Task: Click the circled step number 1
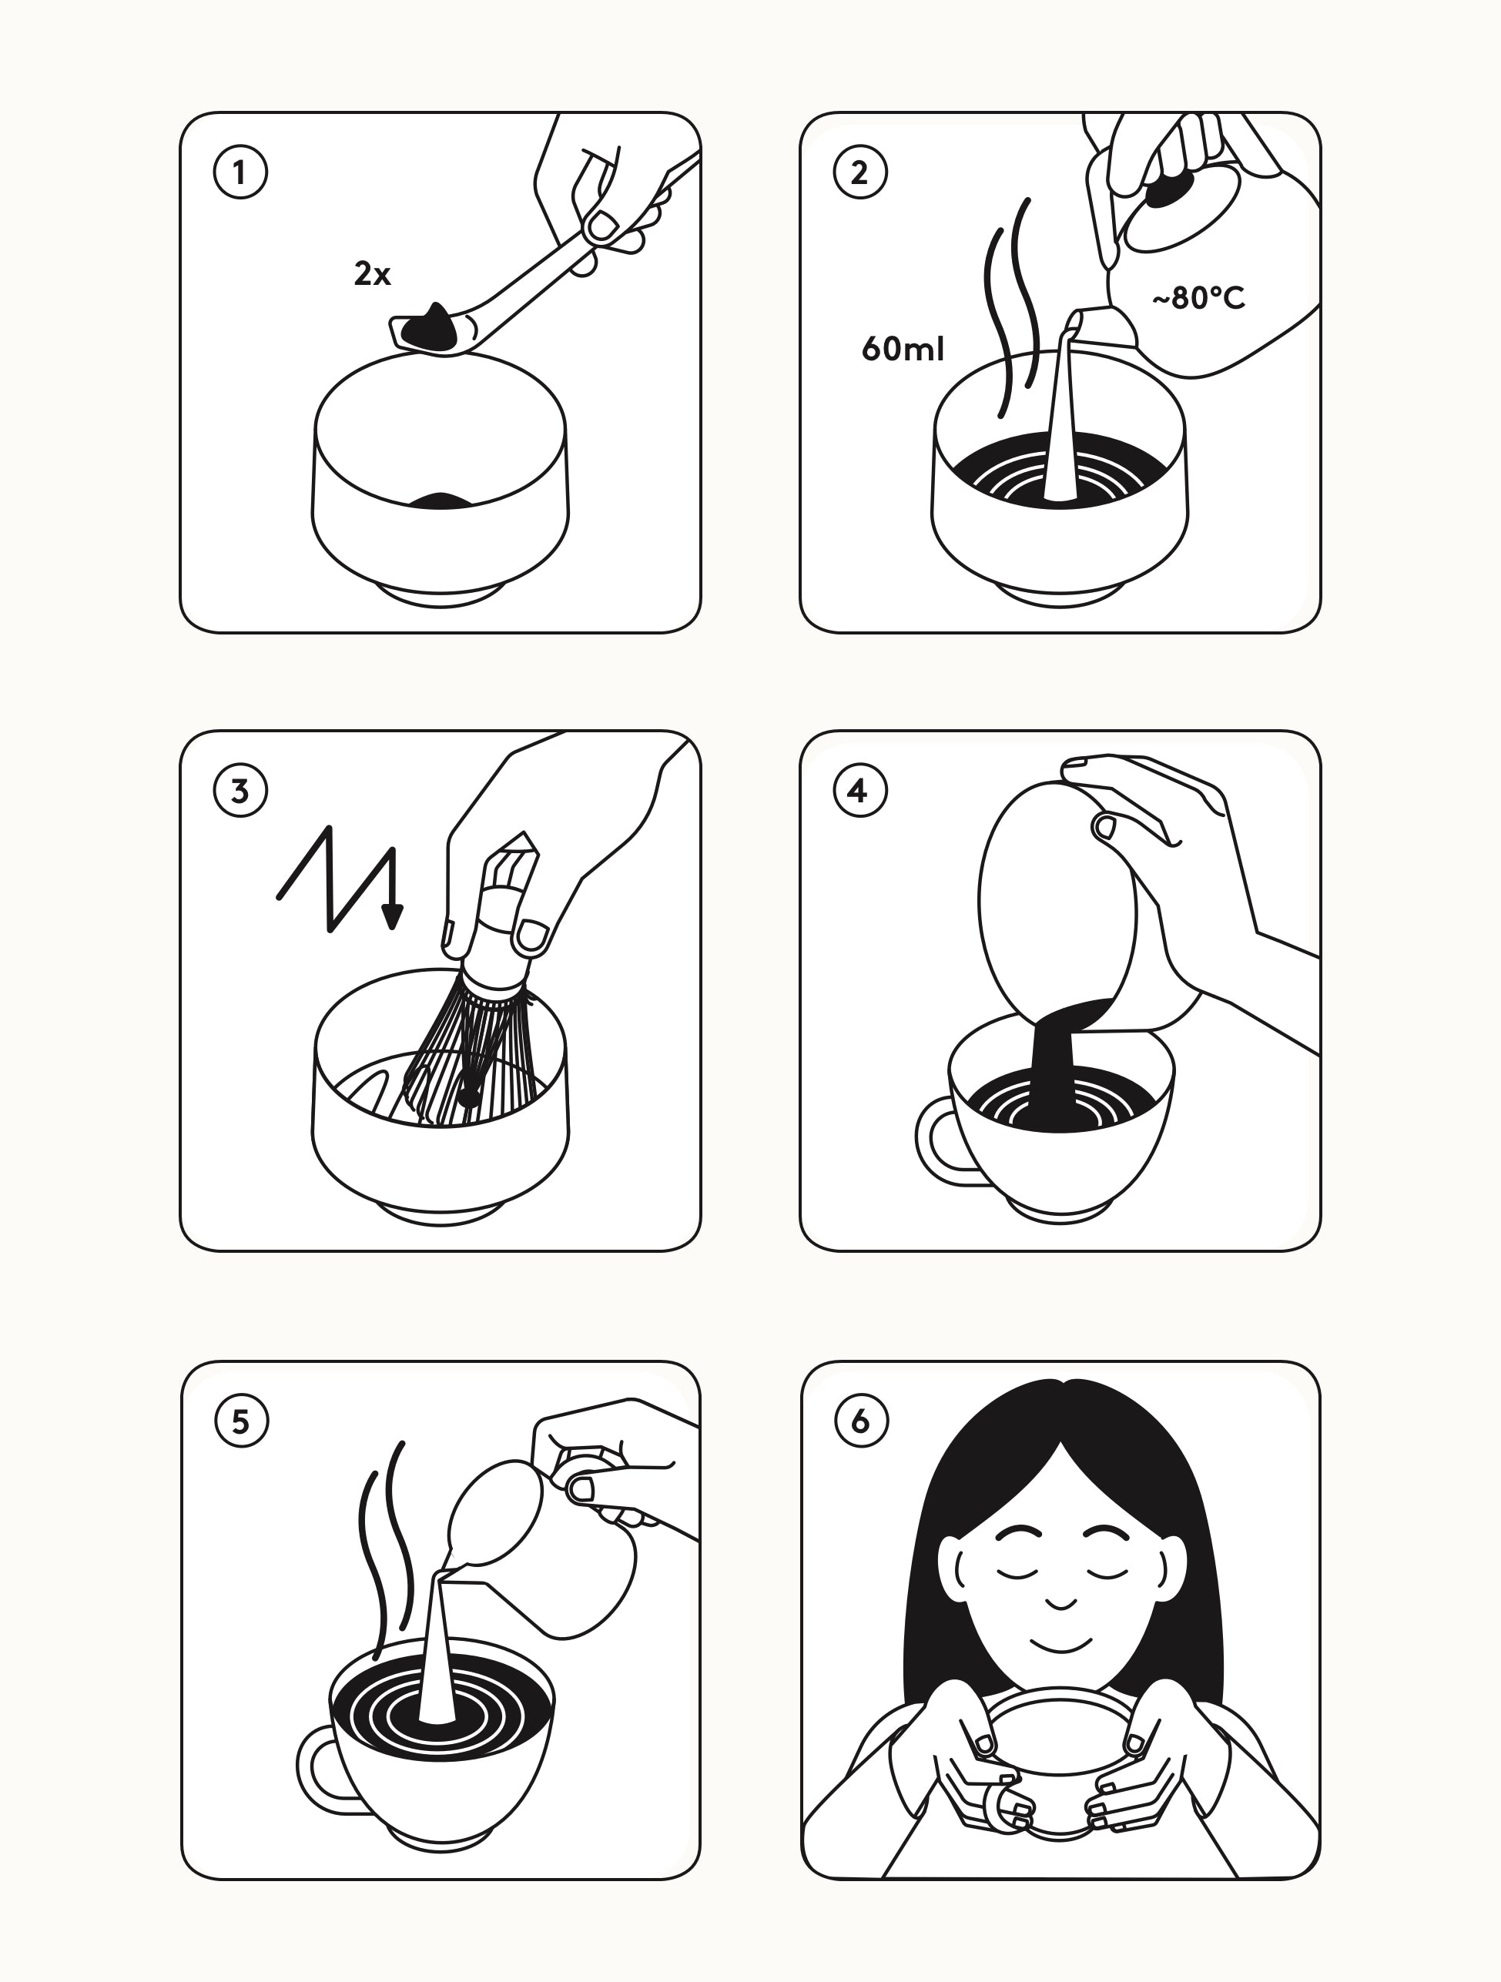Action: (x=240, y=172)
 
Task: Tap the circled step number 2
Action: (x=860, y=172)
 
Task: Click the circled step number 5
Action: (x=241, y=1421)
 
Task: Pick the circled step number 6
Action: (x=861, y=1421)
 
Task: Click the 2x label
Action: (x=373, y=273)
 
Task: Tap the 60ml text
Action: (x=903, y=349)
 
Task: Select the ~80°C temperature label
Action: (x=1198, y=297)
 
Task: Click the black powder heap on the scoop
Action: (x=429, y=326)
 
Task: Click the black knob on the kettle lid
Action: (x=1168, y=191)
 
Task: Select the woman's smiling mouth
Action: (x=1061, y=1643)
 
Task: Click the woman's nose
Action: (x=1061, y=1603)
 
